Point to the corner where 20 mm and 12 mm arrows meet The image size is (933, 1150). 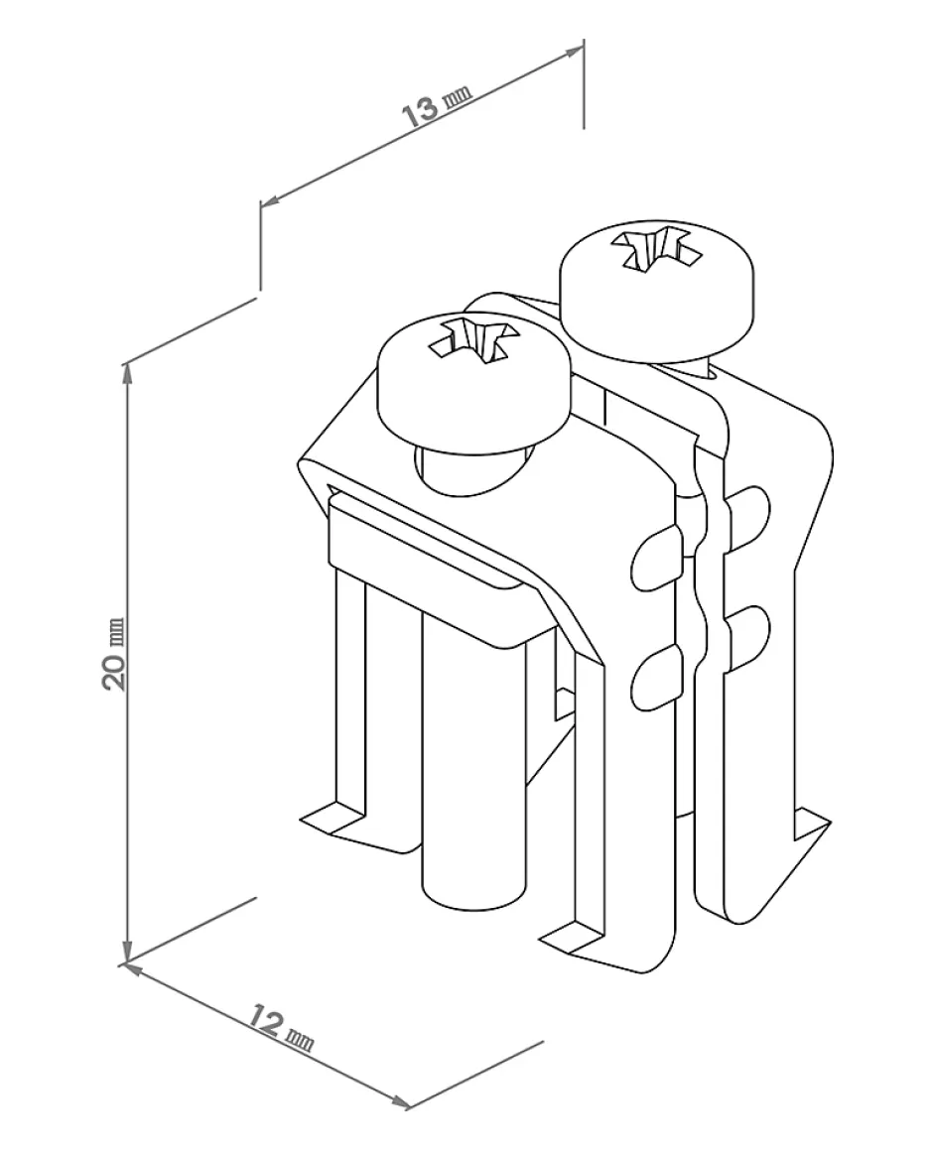[x=125, y=961]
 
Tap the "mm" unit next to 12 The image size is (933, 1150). [x=299, y=1038]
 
